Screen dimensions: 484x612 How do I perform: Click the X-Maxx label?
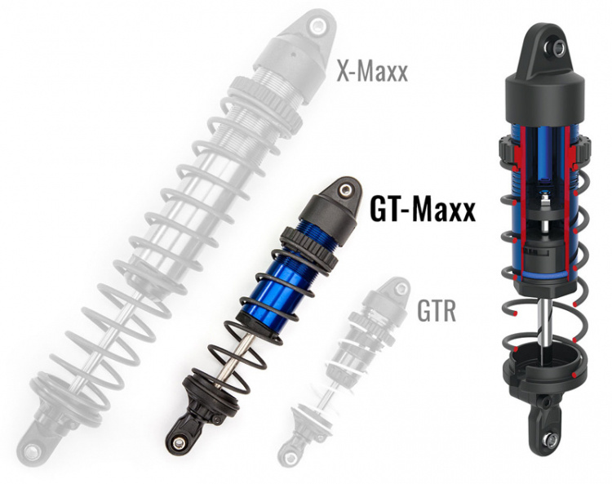tap(372, 73)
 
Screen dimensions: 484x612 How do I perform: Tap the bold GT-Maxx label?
tap(423, 211)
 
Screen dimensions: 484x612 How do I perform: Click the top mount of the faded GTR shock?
tap(398, 289)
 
